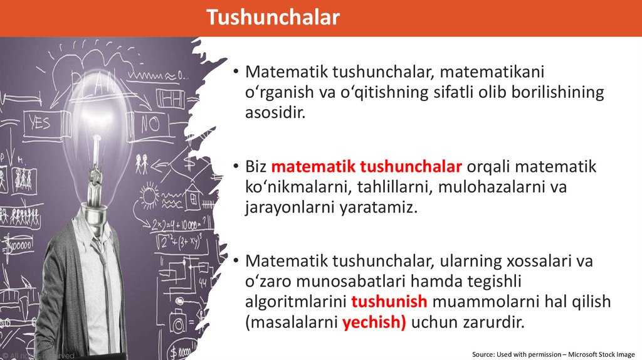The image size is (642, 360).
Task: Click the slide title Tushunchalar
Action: pos(273,18)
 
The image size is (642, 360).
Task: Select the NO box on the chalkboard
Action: pos(151,124)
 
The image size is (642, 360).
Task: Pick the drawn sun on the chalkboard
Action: pos(149,196)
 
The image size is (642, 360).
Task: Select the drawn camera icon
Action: pos(179,324)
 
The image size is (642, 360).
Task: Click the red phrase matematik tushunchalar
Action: pos(367,167)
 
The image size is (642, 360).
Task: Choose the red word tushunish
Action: pos(389,301)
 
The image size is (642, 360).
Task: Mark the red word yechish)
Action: pos(374,323)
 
